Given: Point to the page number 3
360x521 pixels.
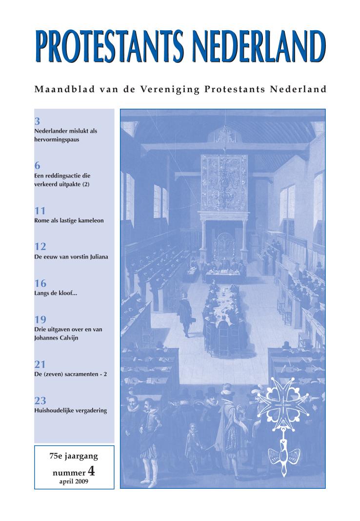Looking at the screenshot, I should pyautogui.click(x=37, y=121).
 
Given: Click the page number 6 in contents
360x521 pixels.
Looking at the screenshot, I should pyautogui.click(x=37, y=166).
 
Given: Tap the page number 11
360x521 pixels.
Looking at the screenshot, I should pyautogui.click(x=40, y=211).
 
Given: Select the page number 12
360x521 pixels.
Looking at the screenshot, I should pyautogui.click(x=40, y=246).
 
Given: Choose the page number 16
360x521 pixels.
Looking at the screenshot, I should pyautogui.click(x=40, y=283).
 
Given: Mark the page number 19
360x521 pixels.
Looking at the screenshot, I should pyautogui.click(x=40, y=320).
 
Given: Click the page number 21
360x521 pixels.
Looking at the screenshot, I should pyautogui.click(x=40, y=364).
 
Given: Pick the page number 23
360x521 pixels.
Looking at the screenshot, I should pyautogui.click(x=40, y=401).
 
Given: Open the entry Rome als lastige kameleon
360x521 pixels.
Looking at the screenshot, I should pyautogui.click(x=69, y=220).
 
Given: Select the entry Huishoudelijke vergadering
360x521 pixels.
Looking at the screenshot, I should pyautogui.click(x=71, y=410).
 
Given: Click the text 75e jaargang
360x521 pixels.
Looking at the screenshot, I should pyautogui.click(x=74, y=457).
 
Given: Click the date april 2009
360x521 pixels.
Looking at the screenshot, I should pyautogui.click(x=74, y=481).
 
